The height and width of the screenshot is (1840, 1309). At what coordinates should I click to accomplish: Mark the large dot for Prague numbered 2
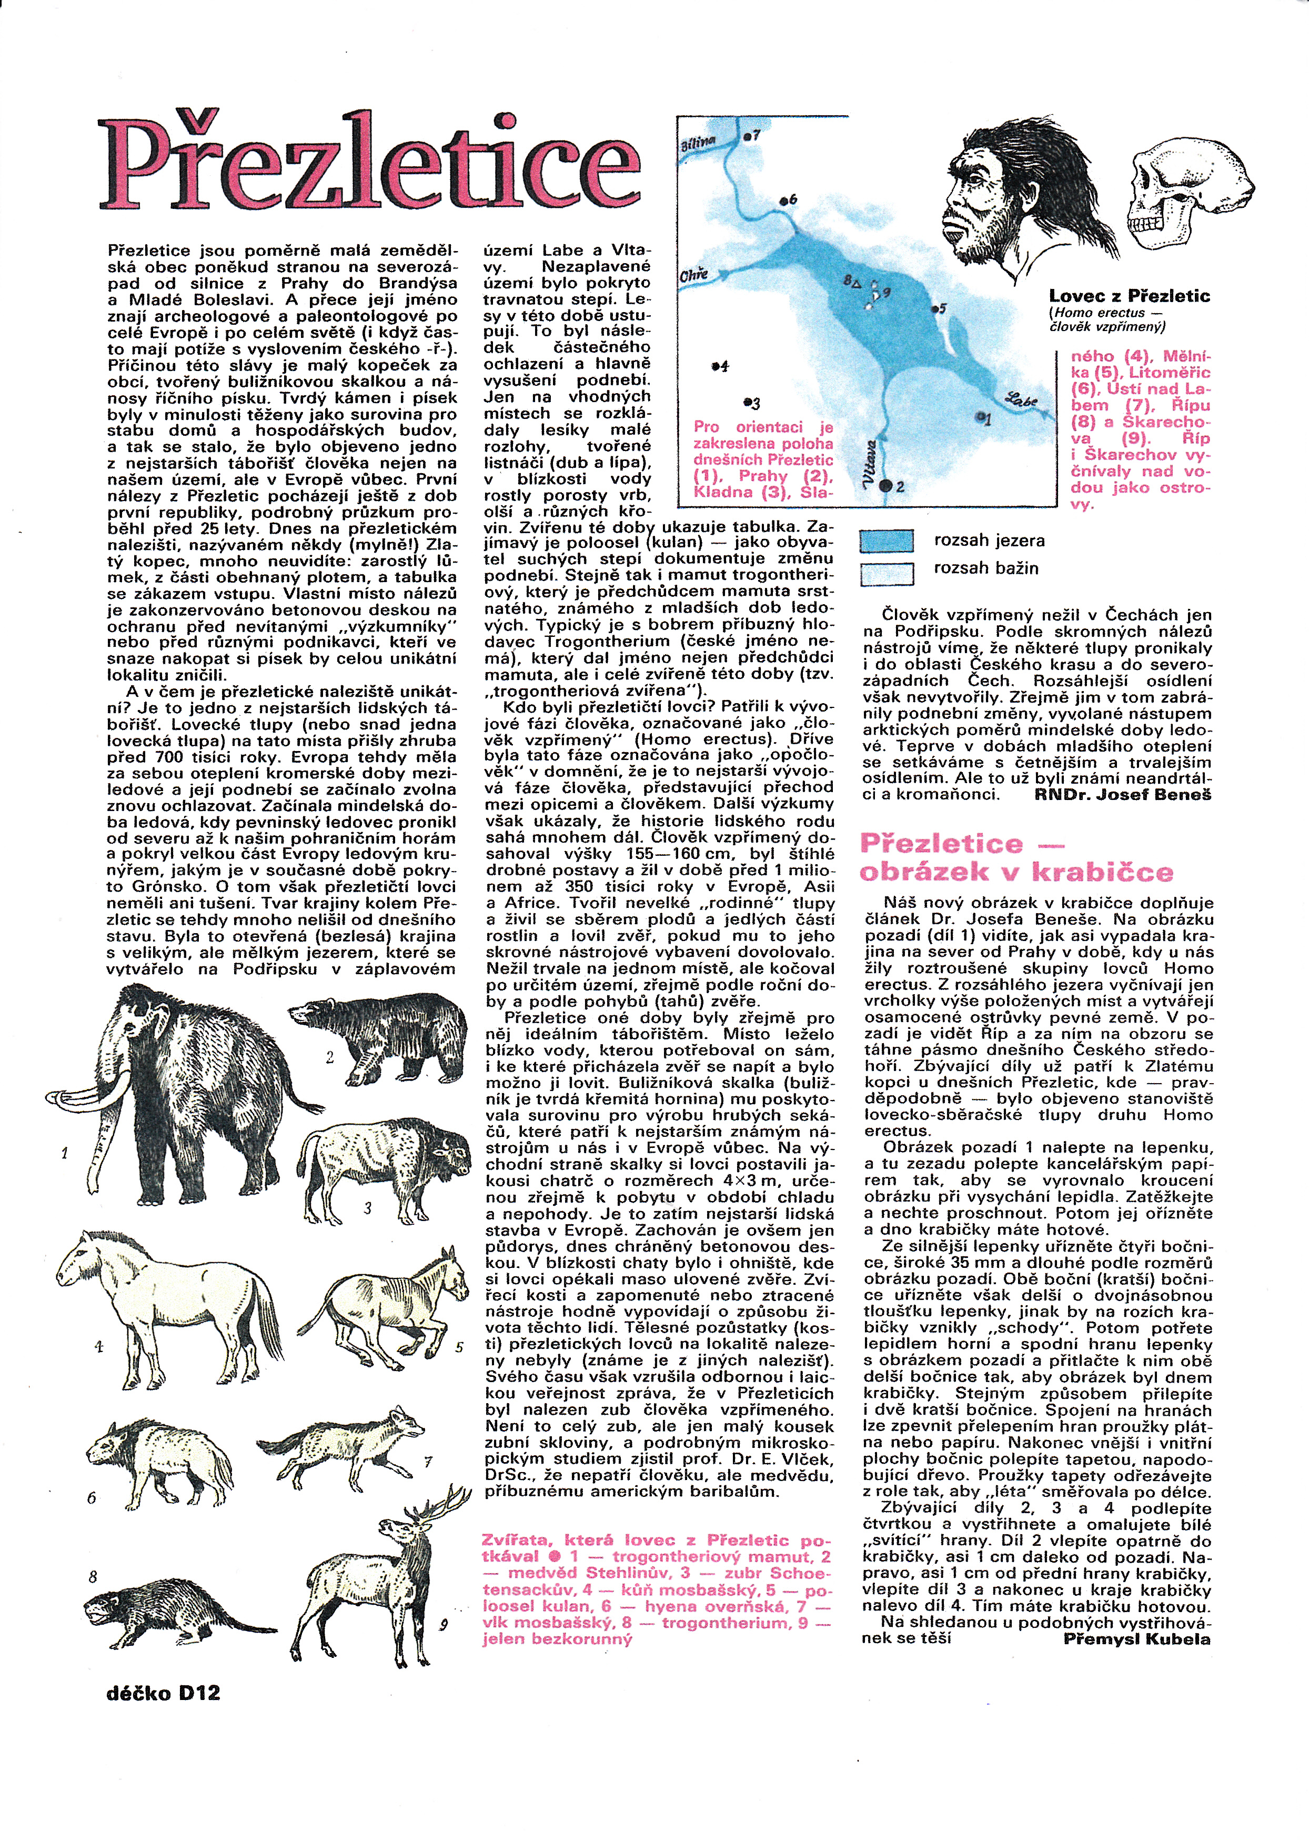886,485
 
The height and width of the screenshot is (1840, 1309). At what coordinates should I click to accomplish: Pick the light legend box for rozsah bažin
886,573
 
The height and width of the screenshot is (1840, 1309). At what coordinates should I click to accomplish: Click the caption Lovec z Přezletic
1129,296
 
